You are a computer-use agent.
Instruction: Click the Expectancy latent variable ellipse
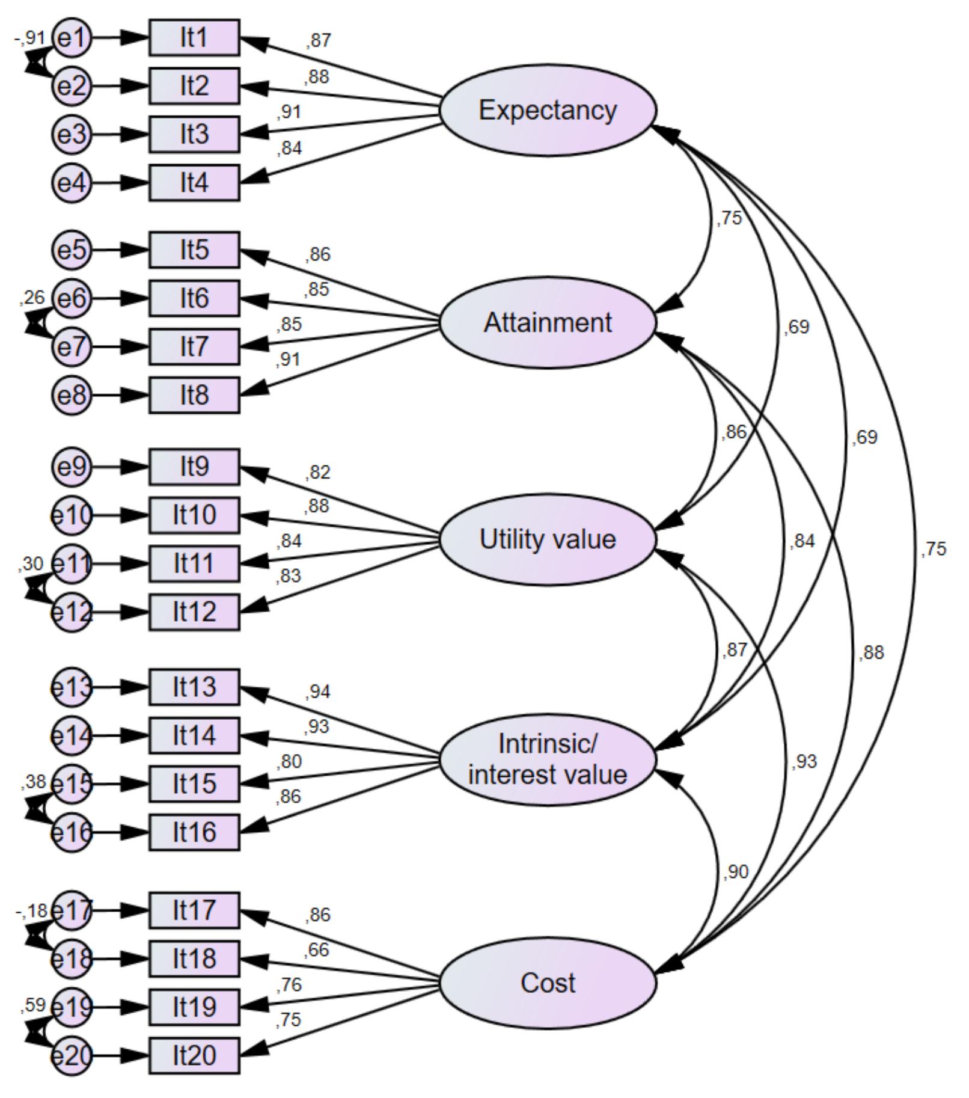pos(548,111)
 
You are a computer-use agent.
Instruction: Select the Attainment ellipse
pos(548,323)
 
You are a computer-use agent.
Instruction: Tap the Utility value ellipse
pos(548,539)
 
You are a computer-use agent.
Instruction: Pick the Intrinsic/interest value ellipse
pos(548,759)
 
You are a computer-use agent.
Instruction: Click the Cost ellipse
pos(548,983)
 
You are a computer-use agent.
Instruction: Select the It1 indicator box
pos(194,38)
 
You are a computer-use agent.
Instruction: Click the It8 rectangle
pos(194,395)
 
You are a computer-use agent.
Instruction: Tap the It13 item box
pos(194,687)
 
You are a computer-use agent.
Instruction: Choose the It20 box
pos(194,1055)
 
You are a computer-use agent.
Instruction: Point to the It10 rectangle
pos(194,515)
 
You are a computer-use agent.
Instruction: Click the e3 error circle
pos(72,134)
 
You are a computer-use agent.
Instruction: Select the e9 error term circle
pos(72,467)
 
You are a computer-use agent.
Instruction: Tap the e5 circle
pos(72,250)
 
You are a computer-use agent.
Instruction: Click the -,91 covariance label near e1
pos(30,38)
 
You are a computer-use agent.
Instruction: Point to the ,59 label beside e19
pos(32,1005)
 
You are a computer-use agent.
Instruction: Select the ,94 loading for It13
pos(318,692)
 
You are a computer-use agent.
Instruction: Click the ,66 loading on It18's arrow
pos(317,950)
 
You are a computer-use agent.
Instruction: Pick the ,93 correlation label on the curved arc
pos(804,762)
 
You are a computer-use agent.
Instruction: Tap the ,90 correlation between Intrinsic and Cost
pos(735,872)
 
